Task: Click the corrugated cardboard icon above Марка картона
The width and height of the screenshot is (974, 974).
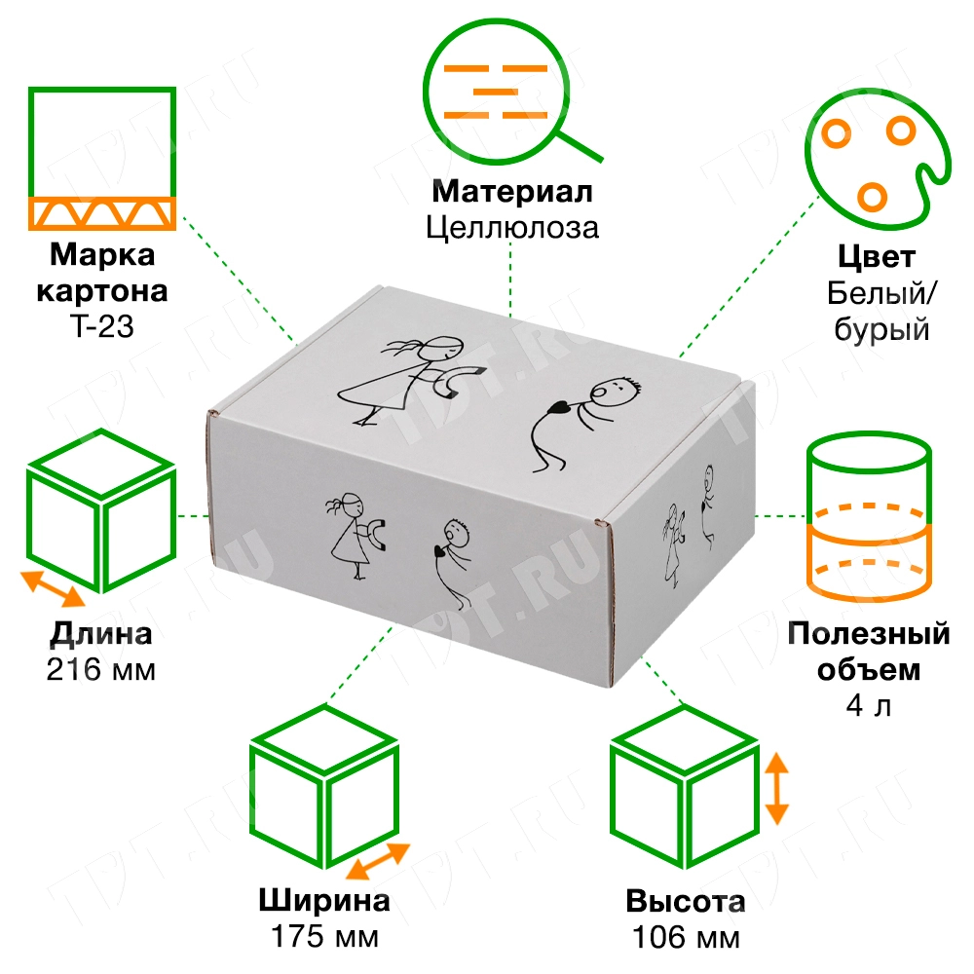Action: tap(101, 158)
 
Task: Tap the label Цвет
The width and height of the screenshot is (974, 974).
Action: tap(877, 258)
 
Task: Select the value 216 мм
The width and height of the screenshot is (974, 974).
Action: tap(100, 671)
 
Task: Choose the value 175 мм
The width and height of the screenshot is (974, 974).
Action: tap(325, 937)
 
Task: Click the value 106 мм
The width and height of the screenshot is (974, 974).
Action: tap(686, 937)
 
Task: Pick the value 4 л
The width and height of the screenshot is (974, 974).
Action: tap(868, 705)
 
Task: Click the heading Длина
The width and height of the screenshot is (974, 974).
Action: tap(100, 636)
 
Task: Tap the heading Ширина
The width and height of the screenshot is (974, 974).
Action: tap(325, 900)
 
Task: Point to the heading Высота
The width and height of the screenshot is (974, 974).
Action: tap(686, 901)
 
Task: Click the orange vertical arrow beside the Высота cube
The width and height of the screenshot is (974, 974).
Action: tap(776, 788)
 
